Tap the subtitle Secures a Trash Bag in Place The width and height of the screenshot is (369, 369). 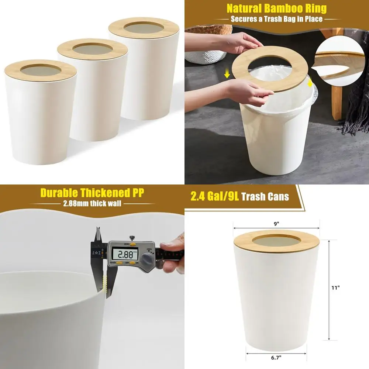tap(277, 18)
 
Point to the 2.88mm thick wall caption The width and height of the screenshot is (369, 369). tap(92, 203)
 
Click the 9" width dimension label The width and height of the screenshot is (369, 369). tap(276, 223)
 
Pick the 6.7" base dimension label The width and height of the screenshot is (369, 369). tap(276, 357)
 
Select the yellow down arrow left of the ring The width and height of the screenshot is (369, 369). tap(227, 75)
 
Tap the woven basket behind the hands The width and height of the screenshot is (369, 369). tap(205, 52)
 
